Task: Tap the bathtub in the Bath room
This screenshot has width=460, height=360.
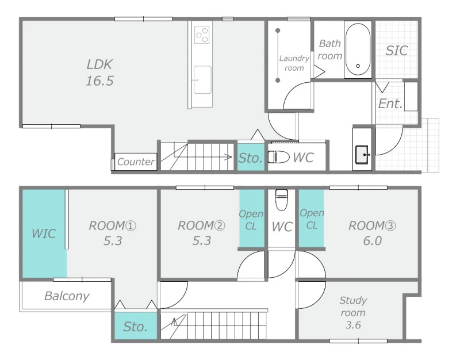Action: point(358,49)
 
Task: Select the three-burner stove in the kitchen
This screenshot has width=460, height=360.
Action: point(202,35)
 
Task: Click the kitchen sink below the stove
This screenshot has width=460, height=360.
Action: point(202,80)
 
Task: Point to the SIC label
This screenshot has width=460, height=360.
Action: point(397,51)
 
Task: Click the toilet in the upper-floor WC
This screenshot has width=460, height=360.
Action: point(282,200)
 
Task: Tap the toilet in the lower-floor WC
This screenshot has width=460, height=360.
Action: point(278,157)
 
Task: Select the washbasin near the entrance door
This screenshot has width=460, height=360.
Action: point(363,154)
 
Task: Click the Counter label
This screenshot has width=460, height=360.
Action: point(136,162)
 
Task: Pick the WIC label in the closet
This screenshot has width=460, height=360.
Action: point(44,233)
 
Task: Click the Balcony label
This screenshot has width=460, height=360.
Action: point(67,296)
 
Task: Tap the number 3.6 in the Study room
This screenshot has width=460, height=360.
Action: point(353,325)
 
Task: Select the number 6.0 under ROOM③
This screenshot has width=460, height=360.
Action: point(372,241)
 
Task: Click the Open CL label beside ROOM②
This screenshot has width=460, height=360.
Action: point(251,220)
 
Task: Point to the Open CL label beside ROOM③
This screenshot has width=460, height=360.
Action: point(312,219)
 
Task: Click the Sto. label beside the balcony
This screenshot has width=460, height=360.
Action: point(135,327)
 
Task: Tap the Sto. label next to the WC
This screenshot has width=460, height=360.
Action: point(250,158)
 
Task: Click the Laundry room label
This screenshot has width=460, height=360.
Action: point(294,63)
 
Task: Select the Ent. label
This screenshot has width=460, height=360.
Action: point(390,104)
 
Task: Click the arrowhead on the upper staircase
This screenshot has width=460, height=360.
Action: point(229,157)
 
